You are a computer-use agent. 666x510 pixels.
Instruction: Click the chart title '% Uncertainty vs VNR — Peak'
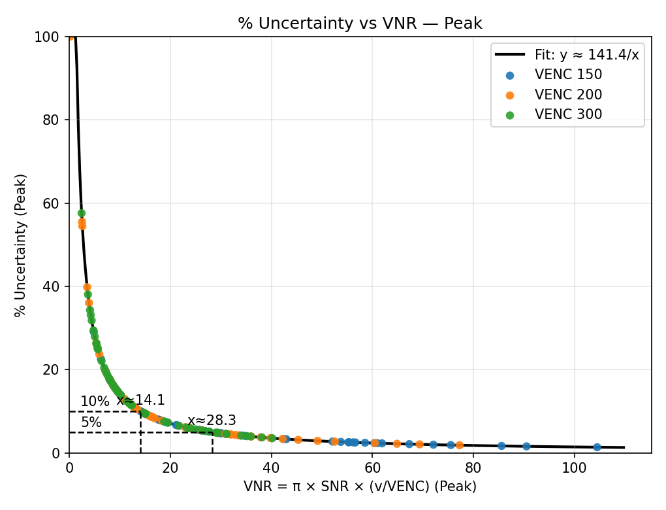click(x=360, y=24)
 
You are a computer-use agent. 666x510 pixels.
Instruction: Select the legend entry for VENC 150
click(x=568, y=75)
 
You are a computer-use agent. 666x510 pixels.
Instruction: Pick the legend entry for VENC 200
click(x=568, y=95)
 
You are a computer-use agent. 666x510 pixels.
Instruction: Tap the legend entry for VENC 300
click(x=568, y=114)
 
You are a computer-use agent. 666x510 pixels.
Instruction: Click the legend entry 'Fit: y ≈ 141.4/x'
click(x=586, y=55)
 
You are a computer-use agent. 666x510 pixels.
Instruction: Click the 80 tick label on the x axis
click(x=473, y=469)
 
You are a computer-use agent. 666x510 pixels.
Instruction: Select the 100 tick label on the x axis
click(x=575, y=469)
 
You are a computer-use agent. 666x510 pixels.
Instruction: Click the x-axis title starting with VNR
click(x=360, y=487)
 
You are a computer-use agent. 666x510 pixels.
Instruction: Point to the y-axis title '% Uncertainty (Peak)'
click(x=21, y=245)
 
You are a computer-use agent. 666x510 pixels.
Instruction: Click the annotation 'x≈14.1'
click(x=140, y=401)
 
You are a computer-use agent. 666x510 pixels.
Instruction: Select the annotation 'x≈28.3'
click(x=212, y=421)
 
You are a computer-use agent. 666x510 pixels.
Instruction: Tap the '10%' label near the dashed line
click(x=95, y=402)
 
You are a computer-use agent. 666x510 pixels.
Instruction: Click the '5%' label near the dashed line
click(x=91, y=423)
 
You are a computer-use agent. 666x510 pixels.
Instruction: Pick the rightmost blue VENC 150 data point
click(x=597, y=447)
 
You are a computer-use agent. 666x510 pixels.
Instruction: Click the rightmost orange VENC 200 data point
click(x=459, y=445)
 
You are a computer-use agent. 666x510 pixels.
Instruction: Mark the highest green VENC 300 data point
click(x=82, y=213)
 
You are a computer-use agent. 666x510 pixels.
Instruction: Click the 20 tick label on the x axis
click(x=170, y=469)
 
